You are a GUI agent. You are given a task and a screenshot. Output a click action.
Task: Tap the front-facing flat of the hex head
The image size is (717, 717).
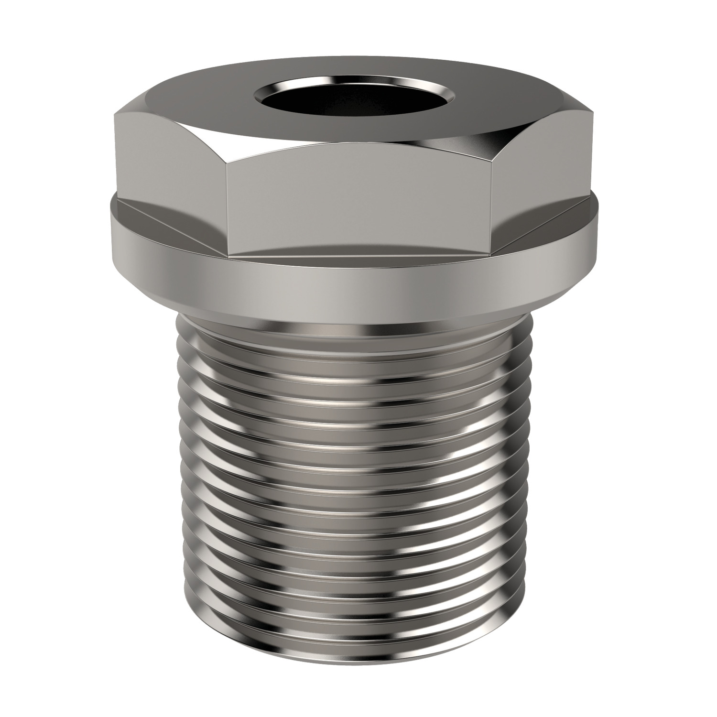[358, 206]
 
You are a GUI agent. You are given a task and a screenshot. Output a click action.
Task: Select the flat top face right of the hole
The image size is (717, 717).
[516, 103]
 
